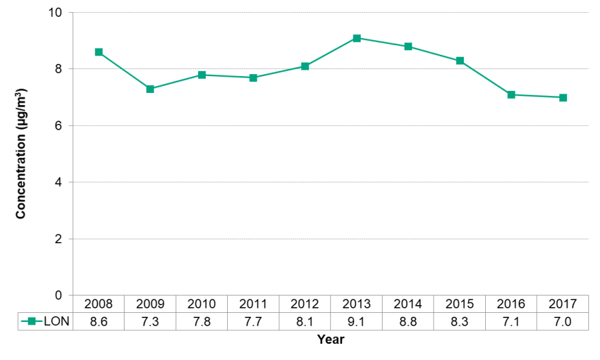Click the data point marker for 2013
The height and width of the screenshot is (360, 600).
[x=357, y=38]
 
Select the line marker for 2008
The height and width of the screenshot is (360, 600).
[x=99, y=52]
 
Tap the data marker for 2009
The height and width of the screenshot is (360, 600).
[x=150, y=89]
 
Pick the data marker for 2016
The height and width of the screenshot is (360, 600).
[x=512, y=95]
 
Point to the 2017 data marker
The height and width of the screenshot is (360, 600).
[x=563, y=97]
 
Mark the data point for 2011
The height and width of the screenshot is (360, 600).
[x=254, y=77]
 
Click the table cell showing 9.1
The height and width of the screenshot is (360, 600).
[x=357, y=321]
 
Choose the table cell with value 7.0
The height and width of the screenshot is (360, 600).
[x=563, y=321]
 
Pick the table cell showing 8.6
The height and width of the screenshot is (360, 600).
[x=99, y=321]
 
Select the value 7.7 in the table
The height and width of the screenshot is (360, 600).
[x=254, y=321]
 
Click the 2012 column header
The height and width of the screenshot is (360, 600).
[x=305, y=304]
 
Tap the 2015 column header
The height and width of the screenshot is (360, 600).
[x=460, y=304]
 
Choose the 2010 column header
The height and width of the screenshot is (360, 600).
[x=202, y=304]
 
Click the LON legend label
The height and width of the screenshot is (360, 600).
[x=57, y=321]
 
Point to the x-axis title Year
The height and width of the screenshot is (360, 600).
[x=330, y=339]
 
